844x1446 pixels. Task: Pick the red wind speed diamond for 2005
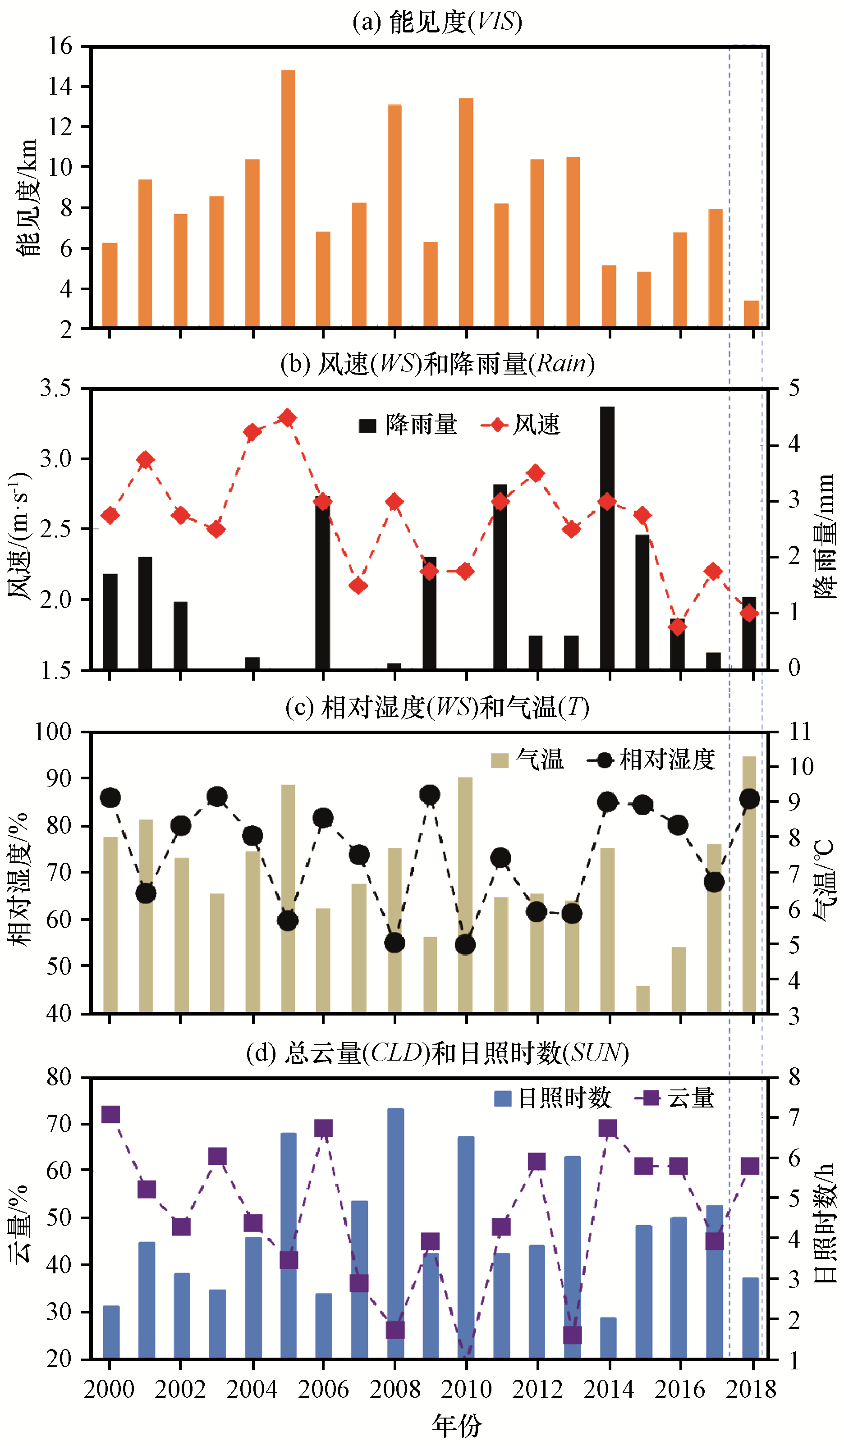288,418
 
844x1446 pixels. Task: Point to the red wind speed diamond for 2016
678,627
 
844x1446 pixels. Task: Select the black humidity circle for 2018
749,799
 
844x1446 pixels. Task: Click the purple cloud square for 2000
110,1114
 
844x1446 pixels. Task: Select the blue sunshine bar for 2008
395,1233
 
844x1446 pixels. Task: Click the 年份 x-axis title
457,1426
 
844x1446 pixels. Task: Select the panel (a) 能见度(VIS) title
437,22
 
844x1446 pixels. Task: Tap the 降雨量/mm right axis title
825,536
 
